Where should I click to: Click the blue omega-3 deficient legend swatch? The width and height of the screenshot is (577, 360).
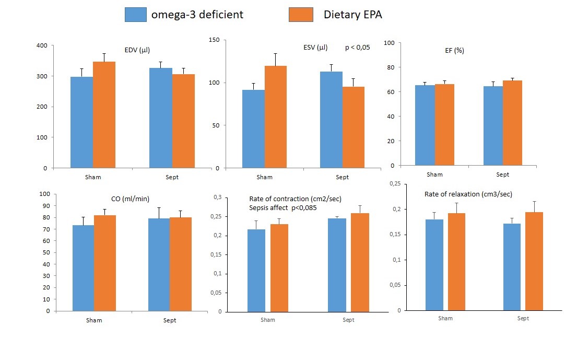tap(136, 14)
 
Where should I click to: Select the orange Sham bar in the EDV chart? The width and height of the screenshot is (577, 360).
tap(104, 115)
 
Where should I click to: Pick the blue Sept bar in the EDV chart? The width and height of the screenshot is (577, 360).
tap(161, 118)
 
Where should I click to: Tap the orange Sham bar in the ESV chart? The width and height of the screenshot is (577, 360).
tap(276, 117)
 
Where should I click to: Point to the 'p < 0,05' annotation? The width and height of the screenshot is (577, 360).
tap(358, 48)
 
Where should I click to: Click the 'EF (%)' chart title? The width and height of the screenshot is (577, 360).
tap(452, 51)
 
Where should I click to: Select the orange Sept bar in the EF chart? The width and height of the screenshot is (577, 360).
tap(512, 123)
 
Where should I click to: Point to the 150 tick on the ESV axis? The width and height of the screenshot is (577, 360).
tap(214, 40)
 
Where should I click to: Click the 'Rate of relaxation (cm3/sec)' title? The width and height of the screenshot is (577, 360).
tap(467, 194)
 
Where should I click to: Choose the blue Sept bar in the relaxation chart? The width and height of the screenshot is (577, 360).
tap(512, 267)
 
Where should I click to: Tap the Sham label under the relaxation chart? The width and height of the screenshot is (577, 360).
tap(445, 318)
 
